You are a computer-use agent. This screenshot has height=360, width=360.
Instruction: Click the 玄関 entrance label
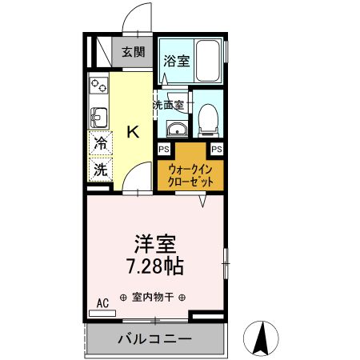134,53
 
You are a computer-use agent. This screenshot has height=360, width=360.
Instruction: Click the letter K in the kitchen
133,132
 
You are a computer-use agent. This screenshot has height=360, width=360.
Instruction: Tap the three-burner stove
98,84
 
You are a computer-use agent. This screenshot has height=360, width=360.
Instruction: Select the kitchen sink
98,118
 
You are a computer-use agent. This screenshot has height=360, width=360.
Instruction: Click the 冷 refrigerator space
101,145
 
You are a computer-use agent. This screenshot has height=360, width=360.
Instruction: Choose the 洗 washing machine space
101,170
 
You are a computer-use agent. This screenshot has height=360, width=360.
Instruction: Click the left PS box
163,149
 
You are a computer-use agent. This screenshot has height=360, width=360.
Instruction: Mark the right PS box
216,149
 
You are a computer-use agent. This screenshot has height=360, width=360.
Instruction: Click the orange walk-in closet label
190,174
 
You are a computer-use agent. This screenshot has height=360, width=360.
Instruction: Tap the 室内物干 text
154,296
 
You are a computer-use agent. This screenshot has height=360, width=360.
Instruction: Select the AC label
102,302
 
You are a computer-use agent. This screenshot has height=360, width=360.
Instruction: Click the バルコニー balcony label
154,338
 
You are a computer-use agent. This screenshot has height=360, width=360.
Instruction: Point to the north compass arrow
261,338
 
